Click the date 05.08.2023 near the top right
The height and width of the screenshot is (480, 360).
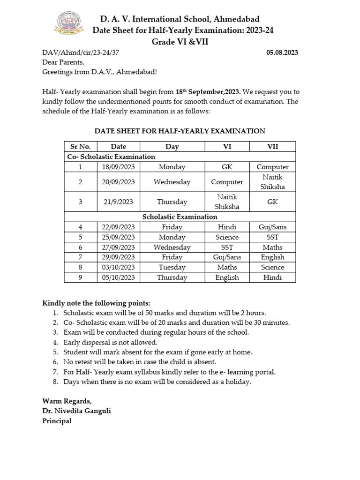(x=282, y=52)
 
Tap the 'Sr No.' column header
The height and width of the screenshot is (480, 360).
(x=81, y=146)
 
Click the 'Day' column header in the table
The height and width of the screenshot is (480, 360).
(x=172, y=146)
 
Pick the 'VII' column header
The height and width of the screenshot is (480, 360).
(x=272, y=146)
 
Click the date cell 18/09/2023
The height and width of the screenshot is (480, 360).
(x=119, y=167)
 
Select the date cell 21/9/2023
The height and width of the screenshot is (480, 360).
(x=119, y=202)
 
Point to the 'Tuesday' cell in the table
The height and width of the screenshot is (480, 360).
(x=172, y=267)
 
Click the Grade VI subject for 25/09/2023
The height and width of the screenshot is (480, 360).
(x=227, y=237)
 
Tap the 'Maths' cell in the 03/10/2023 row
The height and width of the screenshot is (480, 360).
(x=227, y=267)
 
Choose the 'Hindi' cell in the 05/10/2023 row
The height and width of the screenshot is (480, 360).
(x=272, y=277)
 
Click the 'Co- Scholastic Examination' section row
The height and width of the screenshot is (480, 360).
(x=111, y=157)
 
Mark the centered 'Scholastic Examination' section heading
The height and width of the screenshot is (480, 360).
(x=180, y=217)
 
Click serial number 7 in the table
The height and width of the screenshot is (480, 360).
(x=81, y=257)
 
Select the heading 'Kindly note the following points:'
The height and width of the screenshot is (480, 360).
(x=97, y=303)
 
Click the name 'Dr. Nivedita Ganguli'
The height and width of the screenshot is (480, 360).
(x=77, y=411)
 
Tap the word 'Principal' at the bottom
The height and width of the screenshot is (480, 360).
(x=57, y=420)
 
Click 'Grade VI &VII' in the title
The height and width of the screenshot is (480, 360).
(x=180, y=41)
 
